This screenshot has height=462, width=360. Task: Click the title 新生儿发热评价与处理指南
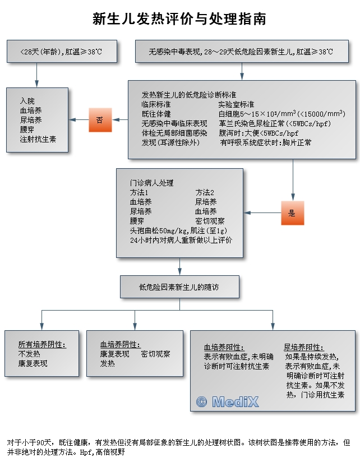pos(179,20)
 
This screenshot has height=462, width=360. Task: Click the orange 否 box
pos(100,120)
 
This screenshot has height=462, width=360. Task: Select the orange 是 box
pos(292,213)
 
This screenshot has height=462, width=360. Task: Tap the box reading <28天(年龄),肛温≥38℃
pos(61,52)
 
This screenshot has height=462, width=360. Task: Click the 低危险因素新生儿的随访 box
pos(179,287)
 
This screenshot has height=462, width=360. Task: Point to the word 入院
pos(27,101)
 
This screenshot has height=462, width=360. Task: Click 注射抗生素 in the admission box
pos(38,139)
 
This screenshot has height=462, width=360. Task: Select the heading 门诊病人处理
pos(152,183)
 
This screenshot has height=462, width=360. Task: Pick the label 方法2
pos(205,192)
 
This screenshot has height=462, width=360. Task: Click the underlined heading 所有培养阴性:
pos(42,345)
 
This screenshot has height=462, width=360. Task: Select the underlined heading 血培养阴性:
pos(120,345)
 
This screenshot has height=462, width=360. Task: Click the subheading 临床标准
pos(156,104)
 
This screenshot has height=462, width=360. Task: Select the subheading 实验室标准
pos(236,104)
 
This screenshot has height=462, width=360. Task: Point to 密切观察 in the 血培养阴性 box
pos(155,354)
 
